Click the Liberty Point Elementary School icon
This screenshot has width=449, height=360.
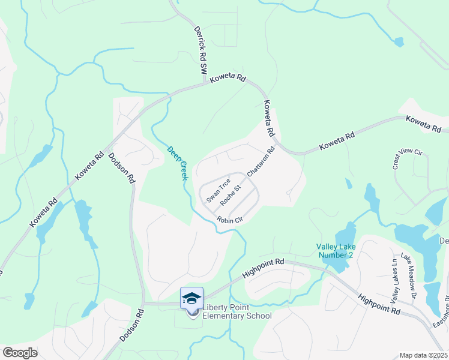pyautogui.click(x=192, y=298)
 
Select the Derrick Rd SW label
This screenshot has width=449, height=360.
pyautogui.click(x=200, y=50)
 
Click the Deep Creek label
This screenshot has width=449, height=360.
pyautogui.click(x=178, y=163)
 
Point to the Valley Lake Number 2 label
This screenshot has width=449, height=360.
pyautogui.click(x=336, y=251)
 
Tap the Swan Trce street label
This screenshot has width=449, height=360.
pyautogui.click(x=218, y=190)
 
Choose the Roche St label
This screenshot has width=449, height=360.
pyautogui.click(x=230, y=193)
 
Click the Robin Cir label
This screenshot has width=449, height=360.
pyautogui.click(x=229, y=220)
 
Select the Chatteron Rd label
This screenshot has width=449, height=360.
pyautogui.click(x=261, y=161)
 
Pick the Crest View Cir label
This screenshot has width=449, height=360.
pyautogui.click(x=408, y=160)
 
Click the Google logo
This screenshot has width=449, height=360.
pyautogui.click(x=19, y=353)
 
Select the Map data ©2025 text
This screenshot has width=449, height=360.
pyautogui.click(x=423, y=355)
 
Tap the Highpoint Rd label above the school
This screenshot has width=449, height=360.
pyautogui.click(x=263, y=268)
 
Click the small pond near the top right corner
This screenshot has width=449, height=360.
pyautogui.click(x=399, y=42)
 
